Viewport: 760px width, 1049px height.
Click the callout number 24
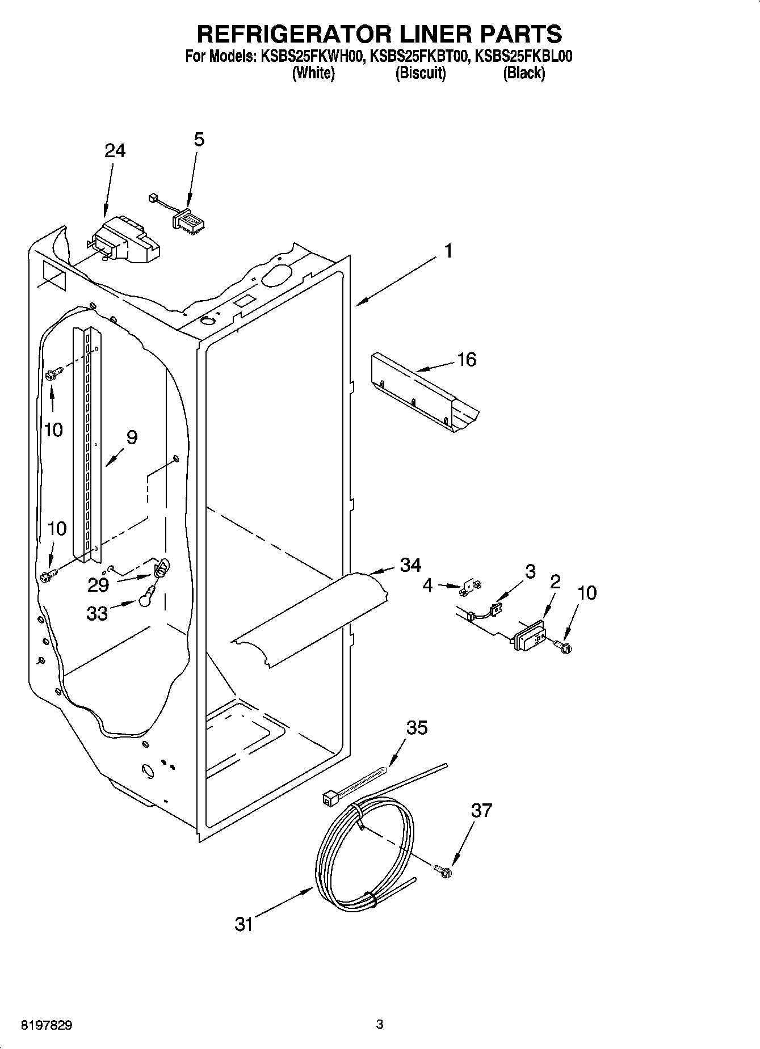tap(115, 150)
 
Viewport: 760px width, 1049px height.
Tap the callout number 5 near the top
tap(199, 139)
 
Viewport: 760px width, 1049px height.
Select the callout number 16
tap(467, 359)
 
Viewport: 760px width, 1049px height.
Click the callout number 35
tap(417, 727)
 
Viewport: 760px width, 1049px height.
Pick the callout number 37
tap(481, 810)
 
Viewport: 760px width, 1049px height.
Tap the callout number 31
tap(243, 924)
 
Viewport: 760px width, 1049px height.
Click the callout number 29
tap(98, 584)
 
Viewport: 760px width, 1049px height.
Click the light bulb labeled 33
tap(145, 595)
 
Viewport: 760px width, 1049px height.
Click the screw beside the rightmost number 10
tap(563, 645)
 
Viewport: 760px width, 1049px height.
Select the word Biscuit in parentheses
tap(420, 73)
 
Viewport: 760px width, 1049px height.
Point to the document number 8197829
tap(47, 1025)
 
